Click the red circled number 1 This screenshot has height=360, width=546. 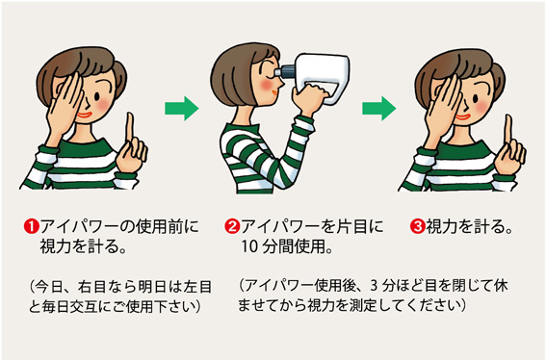[32, 226]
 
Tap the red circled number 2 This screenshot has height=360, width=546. [232, 226]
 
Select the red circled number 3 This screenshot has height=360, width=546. [418, 226]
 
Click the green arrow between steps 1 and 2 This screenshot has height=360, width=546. [181, 108]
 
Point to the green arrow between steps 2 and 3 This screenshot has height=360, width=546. [378, 108]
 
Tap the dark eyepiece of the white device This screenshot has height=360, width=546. [287, 71]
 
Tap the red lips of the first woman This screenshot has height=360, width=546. [85, 116]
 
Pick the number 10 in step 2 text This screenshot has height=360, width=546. [249, 246]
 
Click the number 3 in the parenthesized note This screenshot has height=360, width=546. [374, 286]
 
